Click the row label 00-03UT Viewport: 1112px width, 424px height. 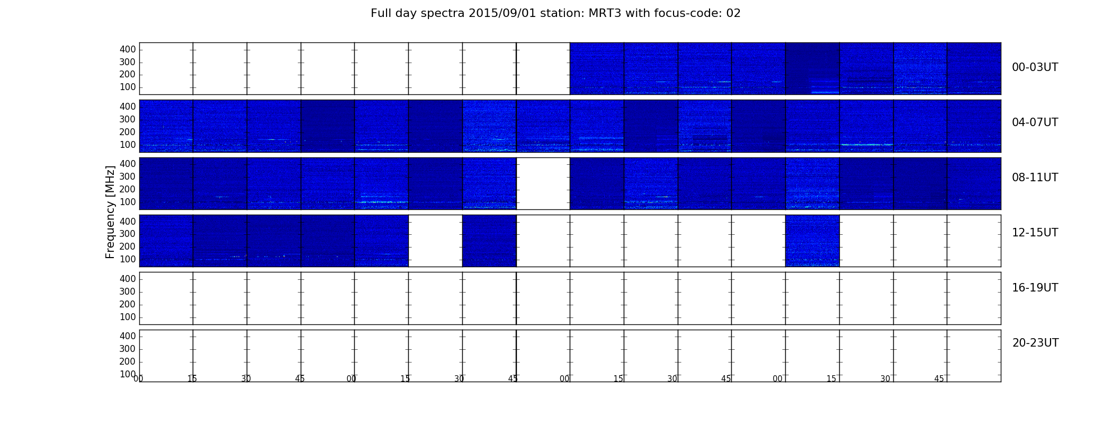1035,67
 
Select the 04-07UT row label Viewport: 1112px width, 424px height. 1035,122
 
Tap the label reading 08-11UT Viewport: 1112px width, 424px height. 1035,178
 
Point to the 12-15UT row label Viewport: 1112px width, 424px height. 1035,233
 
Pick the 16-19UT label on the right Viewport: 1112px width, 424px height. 1035,288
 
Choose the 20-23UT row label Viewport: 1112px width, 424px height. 1035,343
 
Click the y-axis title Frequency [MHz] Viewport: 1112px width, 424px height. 110,212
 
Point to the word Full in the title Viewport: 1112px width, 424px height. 381,13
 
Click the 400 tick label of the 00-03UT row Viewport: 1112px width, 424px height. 128,49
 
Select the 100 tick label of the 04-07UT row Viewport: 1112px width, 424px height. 128,145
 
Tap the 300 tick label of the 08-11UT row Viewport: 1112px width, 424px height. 128,176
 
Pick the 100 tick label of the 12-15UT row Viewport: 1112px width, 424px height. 128,259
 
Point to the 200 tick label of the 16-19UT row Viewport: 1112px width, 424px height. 128,304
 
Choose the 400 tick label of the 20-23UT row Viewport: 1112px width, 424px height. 128,336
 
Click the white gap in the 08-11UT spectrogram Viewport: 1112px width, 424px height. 543,183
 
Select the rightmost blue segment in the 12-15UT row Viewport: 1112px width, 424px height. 812,241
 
